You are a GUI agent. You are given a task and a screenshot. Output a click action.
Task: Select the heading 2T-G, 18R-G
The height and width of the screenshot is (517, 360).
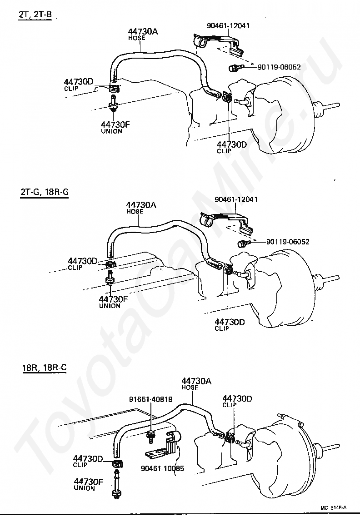coord(45,192)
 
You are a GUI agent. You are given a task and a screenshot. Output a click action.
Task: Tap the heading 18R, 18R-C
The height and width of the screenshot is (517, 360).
coord(44,367)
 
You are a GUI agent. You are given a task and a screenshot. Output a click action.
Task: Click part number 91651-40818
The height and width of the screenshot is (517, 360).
coord(150,399)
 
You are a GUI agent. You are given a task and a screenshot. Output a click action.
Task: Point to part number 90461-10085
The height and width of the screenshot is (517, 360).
coord(162,468)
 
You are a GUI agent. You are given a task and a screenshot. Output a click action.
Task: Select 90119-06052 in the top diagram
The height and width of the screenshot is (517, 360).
coord(279,67)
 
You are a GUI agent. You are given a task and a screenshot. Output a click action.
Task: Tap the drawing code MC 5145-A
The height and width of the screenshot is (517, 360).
coord(333,507)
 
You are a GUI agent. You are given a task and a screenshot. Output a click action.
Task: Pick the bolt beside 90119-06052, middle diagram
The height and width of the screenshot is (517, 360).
coord(243,243)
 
